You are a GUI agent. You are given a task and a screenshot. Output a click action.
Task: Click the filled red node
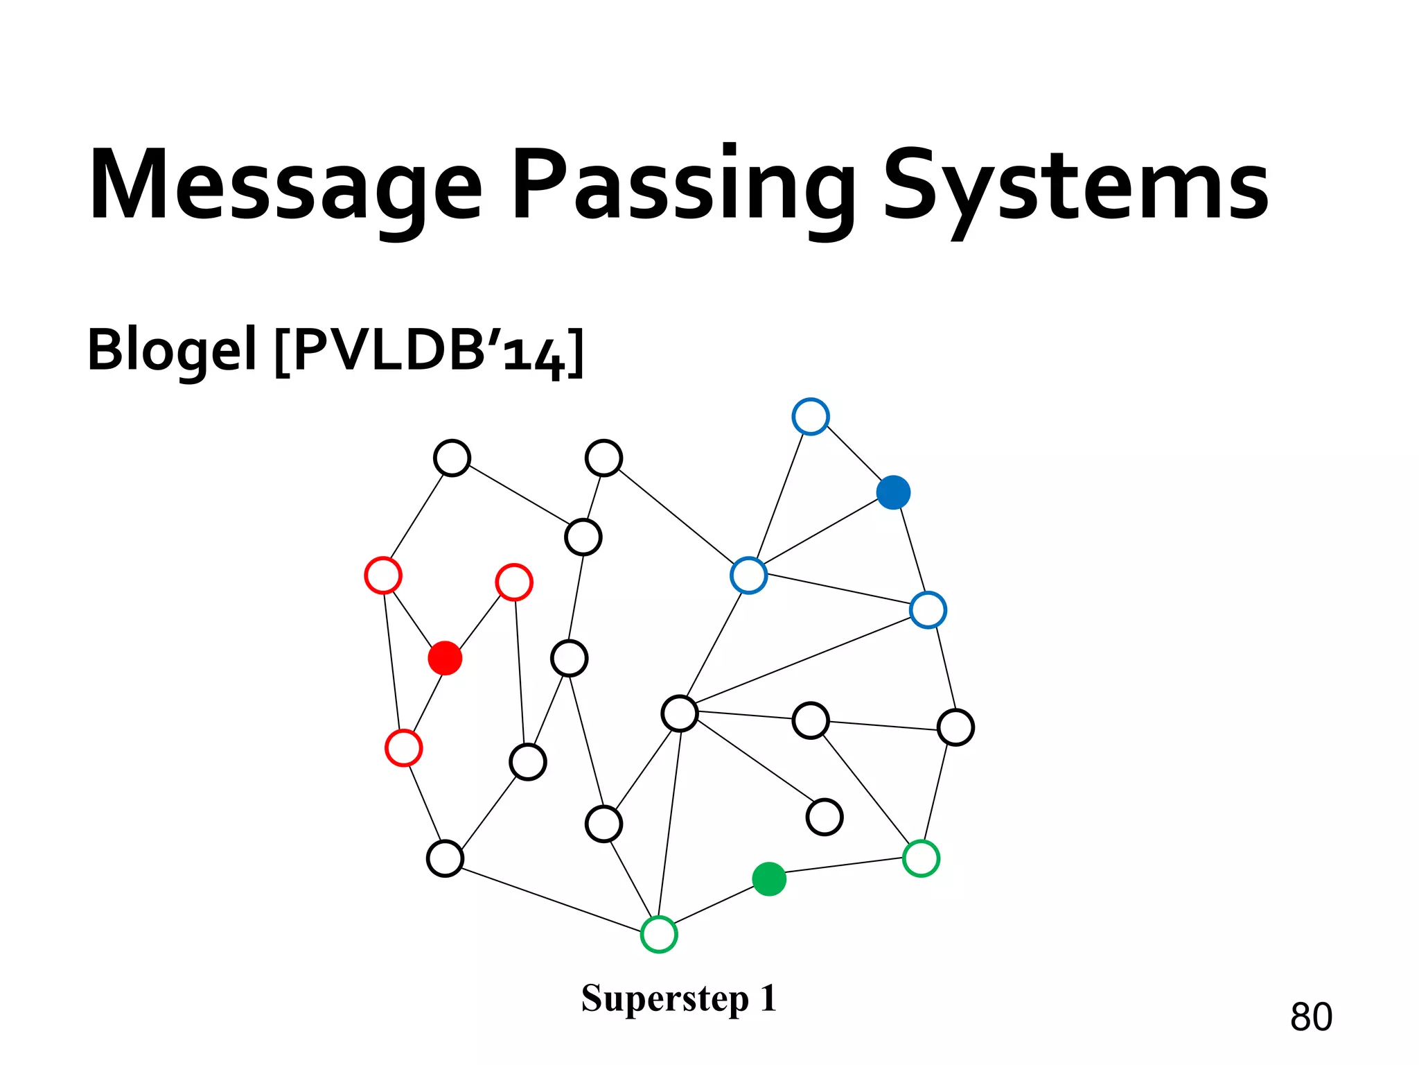445,658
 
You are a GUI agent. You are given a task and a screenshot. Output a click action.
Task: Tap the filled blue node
893,492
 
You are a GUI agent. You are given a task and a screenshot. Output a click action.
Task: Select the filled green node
769,879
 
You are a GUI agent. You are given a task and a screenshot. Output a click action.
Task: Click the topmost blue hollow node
811,417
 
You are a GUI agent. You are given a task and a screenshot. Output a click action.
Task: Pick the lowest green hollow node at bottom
659,934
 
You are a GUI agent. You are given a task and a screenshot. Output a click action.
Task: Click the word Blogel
172,350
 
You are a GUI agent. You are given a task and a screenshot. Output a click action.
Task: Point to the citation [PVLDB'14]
430,350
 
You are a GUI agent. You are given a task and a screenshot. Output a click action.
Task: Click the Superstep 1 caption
679,998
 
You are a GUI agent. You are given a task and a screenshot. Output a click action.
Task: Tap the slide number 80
1311,1017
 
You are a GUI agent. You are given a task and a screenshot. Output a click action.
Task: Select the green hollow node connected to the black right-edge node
921,858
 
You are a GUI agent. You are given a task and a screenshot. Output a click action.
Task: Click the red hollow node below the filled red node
403,748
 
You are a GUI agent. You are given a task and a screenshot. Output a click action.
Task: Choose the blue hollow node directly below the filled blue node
928,610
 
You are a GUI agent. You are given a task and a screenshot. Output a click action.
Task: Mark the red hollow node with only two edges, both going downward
514,582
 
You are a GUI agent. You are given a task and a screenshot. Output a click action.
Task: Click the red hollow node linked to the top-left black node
383,575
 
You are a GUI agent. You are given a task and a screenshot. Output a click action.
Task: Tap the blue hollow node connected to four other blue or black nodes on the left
749,575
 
